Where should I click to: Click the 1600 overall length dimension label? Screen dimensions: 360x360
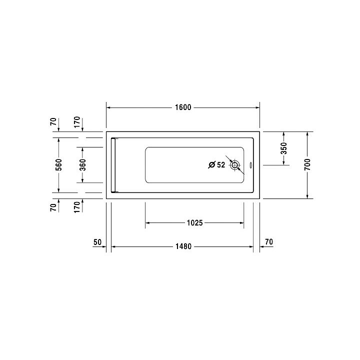(183, 107)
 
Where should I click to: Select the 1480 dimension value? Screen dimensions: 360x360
(183, 246)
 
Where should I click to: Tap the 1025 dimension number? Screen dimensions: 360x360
(194, 223)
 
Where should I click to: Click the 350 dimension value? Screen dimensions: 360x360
(283, 148)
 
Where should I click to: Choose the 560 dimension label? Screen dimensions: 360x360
(58, 164)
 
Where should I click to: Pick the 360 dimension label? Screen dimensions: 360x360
(82, 164)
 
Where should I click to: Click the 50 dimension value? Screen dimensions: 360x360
(97, 242)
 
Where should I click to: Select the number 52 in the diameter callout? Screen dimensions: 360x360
(221, 165)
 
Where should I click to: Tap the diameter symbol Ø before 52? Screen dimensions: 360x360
(211, 165)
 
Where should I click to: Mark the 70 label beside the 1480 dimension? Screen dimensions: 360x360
(268, 242)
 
